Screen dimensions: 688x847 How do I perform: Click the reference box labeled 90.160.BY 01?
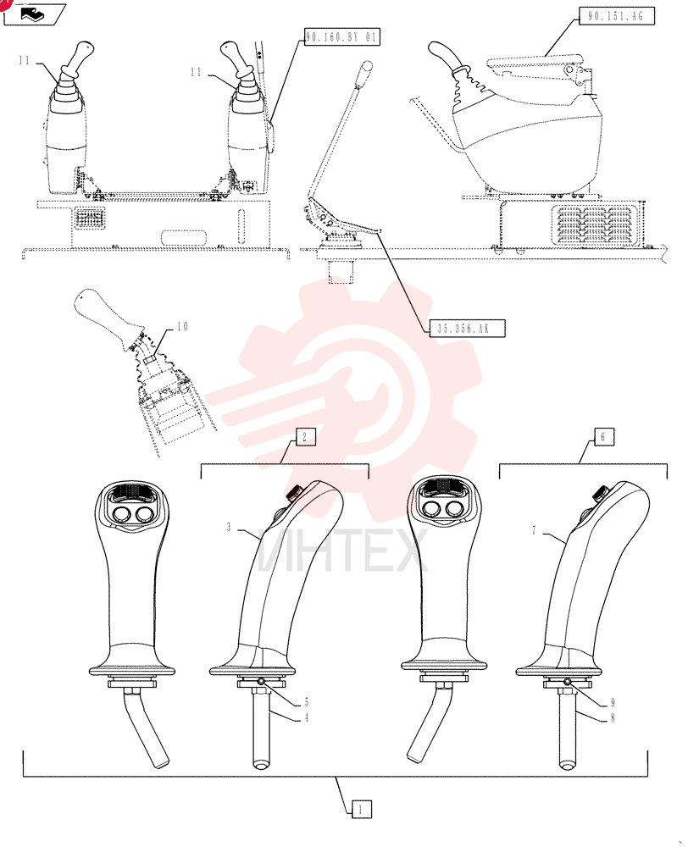coord(341,36)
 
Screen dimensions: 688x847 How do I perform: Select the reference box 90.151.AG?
coord(616,15)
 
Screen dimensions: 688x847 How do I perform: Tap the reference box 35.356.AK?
coord(467,328)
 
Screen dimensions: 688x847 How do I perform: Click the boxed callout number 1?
coord(362,809)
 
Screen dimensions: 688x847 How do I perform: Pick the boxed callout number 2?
coord(305,436)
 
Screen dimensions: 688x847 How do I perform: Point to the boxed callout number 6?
coord(603,436)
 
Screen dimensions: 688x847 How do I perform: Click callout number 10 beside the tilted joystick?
coord(183,326)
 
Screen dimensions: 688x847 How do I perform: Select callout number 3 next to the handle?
coord(229,527)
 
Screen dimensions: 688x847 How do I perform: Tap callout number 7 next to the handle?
coord(534,531)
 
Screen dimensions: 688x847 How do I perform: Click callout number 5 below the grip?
coord(307,702)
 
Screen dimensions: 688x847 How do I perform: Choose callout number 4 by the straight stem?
coord(307,718)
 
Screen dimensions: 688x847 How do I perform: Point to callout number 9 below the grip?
coord(613,702)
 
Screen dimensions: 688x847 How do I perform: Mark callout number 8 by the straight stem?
coord(613,718)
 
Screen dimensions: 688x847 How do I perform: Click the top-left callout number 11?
coord(25,60)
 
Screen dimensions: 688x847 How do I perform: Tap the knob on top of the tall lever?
coord(367,69)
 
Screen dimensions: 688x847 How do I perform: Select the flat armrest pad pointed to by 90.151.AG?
coord(534,63)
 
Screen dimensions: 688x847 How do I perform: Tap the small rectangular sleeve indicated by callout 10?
coord(150,358)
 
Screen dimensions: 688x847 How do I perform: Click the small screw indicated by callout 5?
coord(261,681)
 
